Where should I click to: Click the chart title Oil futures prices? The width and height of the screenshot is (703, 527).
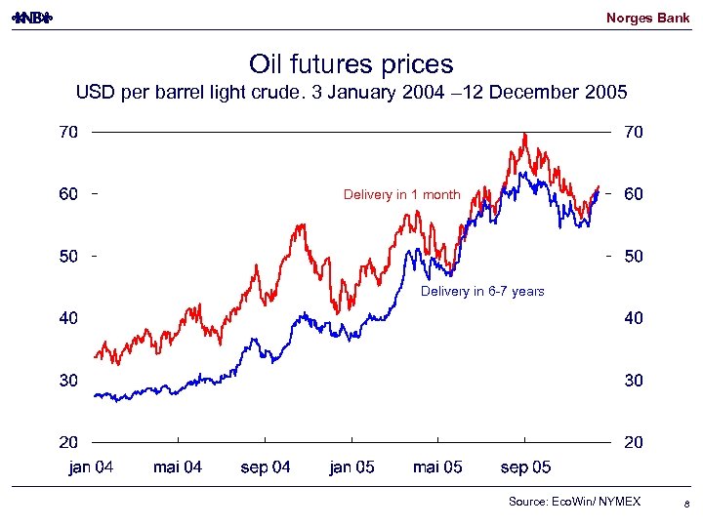(351, 64)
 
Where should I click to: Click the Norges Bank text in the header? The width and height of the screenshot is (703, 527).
(647, 18)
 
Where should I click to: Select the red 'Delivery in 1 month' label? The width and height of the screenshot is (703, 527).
(401, 195)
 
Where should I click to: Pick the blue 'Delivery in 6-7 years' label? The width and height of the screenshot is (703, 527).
(482, 292)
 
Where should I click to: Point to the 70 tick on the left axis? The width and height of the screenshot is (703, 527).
(66, 133)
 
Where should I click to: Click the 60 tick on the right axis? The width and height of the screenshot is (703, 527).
(634, 194)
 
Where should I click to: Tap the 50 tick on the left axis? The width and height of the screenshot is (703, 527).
(66, 257)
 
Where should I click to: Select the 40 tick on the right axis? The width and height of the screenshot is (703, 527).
(634, 318)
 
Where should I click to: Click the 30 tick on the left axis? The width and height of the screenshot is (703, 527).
(66, 381)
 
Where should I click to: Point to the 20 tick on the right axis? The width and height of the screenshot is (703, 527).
(634, 443)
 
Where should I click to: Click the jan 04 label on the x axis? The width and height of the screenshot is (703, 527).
(91, 467)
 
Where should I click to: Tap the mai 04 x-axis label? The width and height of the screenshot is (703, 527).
(178, 467)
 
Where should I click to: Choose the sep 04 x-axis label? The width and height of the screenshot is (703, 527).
(266, 467)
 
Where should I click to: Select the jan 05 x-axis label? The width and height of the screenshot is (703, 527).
(351, 467)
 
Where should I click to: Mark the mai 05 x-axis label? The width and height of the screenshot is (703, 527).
(438, 467)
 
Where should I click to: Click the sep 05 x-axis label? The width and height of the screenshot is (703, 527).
(525, 467)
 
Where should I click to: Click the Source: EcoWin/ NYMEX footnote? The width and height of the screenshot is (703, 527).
(574, 502)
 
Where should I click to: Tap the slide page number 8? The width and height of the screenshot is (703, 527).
(687, 504)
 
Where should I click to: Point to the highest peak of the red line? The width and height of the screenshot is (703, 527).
(524, 135)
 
